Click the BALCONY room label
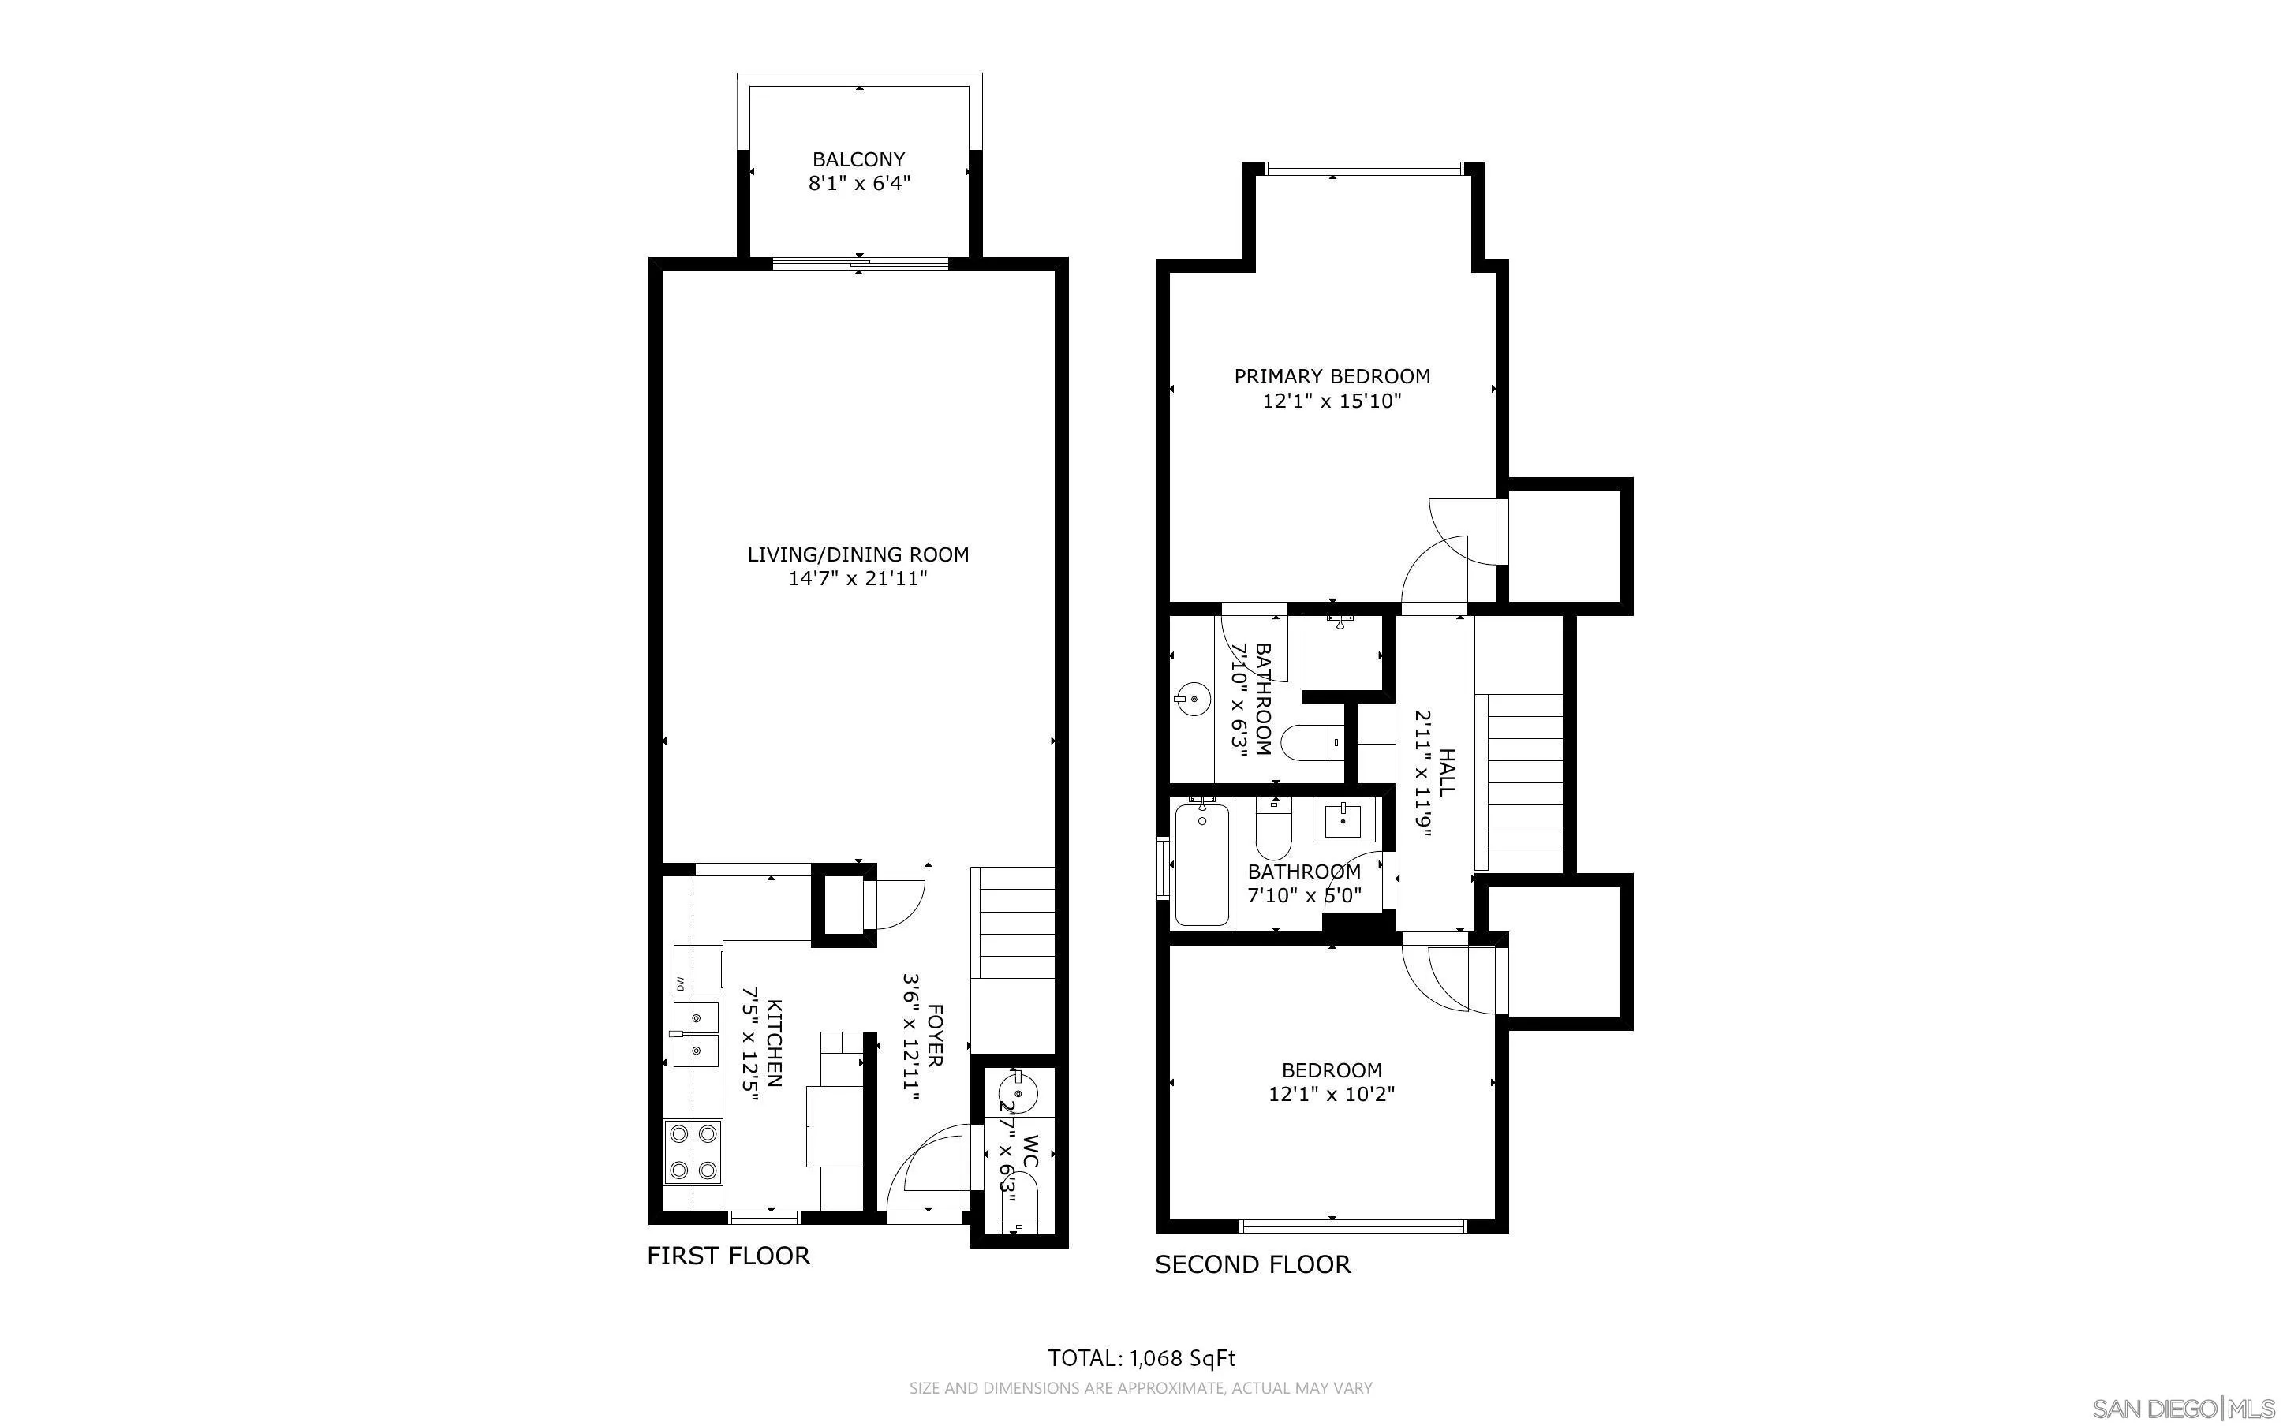[x=858, y=159]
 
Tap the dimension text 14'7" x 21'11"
[x=858, y=578]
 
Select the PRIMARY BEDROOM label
[x=1332, y=376]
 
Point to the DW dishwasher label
[x=679, y=984]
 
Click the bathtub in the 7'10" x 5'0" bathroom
[x=1201, y=863]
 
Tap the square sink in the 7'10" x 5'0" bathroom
[x=1342, y=820]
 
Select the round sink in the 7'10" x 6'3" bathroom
[x=1193, y=700]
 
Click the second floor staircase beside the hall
[x=1523, y=781]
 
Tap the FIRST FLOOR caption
[x=728, y=1256]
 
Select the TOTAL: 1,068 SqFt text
[x=1141, y=1358]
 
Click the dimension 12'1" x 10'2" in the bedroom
[x=1332, y=1094]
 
